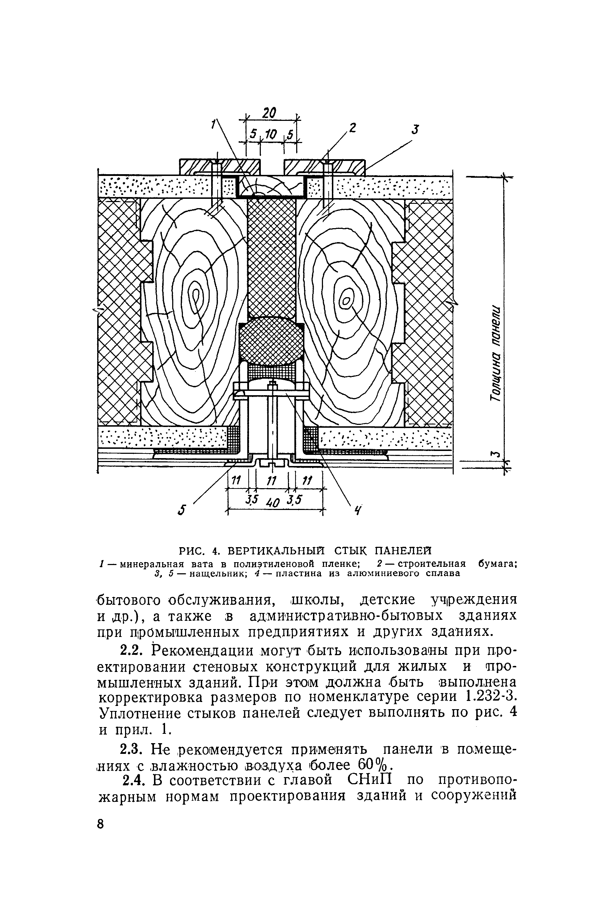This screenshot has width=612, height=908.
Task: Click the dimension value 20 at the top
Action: click(269, 113)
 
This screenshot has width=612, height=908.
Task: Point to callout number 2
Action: click(353, 127)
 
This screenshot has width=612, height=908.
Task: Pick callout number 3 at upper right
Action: click(416, 129)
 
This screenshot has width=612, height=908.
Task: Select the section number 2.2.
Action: click(130, 651)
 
